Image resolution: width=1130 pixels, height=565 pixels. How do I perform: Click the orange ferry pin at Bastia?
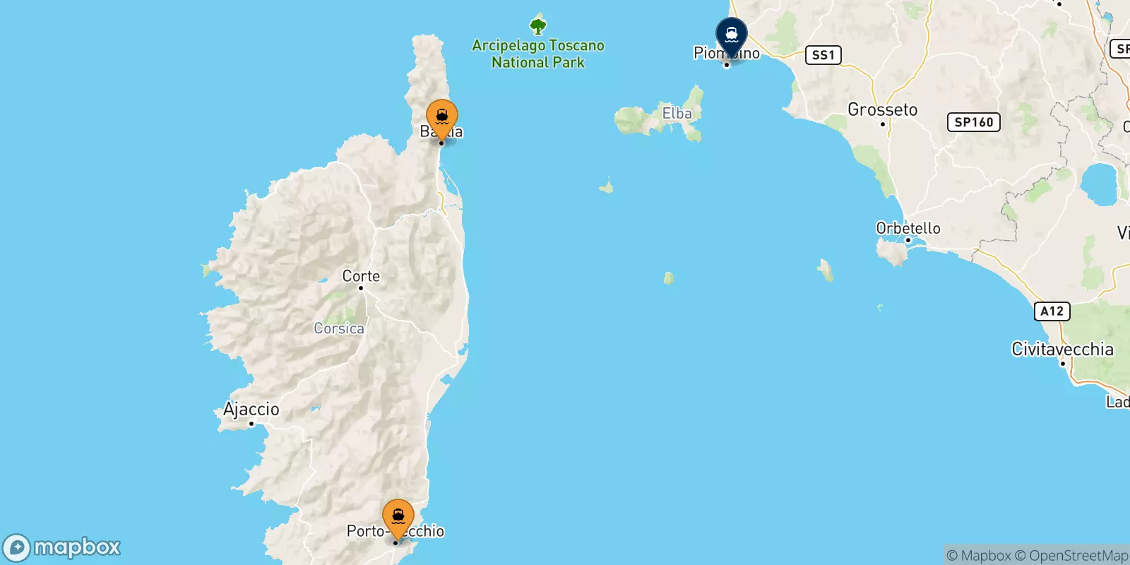click(442, 117)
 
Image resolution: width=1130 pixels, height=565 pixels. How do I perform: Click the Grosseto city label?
click(882, 109)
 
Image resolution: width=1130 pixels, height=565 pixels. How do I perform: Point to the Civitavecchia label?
click(1062, 349)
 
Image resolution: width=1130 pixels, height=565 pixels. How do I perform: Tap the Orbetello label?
click(908, 228)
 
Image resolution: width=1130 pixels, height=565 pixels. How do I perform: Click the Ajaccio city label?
click(251, 409)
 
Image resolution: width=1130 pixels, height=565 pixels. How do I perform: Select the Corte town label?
click(361, 276)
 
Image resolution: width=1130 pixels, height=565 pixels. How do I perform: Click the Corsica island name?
click(339, 328)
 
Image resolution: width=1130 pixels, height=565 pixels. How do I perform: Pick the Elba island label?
click(677, 113)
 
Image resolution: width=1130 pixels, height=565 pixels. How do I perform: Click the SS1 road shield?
click(823, 55)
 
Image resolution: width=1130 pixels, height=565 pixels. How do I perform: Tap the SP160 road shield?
click(973, 122)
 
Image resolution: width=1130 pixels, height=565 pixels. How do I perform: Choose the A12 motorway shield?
click(1052, 311)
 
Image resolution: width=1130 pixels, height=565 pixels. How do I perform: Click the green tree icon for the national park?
click(538, 27)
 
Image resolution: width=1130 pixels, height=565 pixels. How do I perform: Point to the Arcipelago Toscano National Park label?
click(538, 54)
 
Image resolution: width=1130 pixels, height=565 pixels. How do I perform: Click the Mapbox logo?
click(62, 547)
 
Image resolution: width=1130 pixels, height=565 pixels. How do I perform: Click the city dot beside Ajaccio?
click(251, 424)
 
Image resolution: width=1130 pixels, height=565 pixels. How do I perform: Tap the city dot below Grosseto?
click(883, 124)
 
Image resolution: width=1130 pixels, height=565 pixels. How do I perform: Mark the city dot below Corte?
click(361, 288)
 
